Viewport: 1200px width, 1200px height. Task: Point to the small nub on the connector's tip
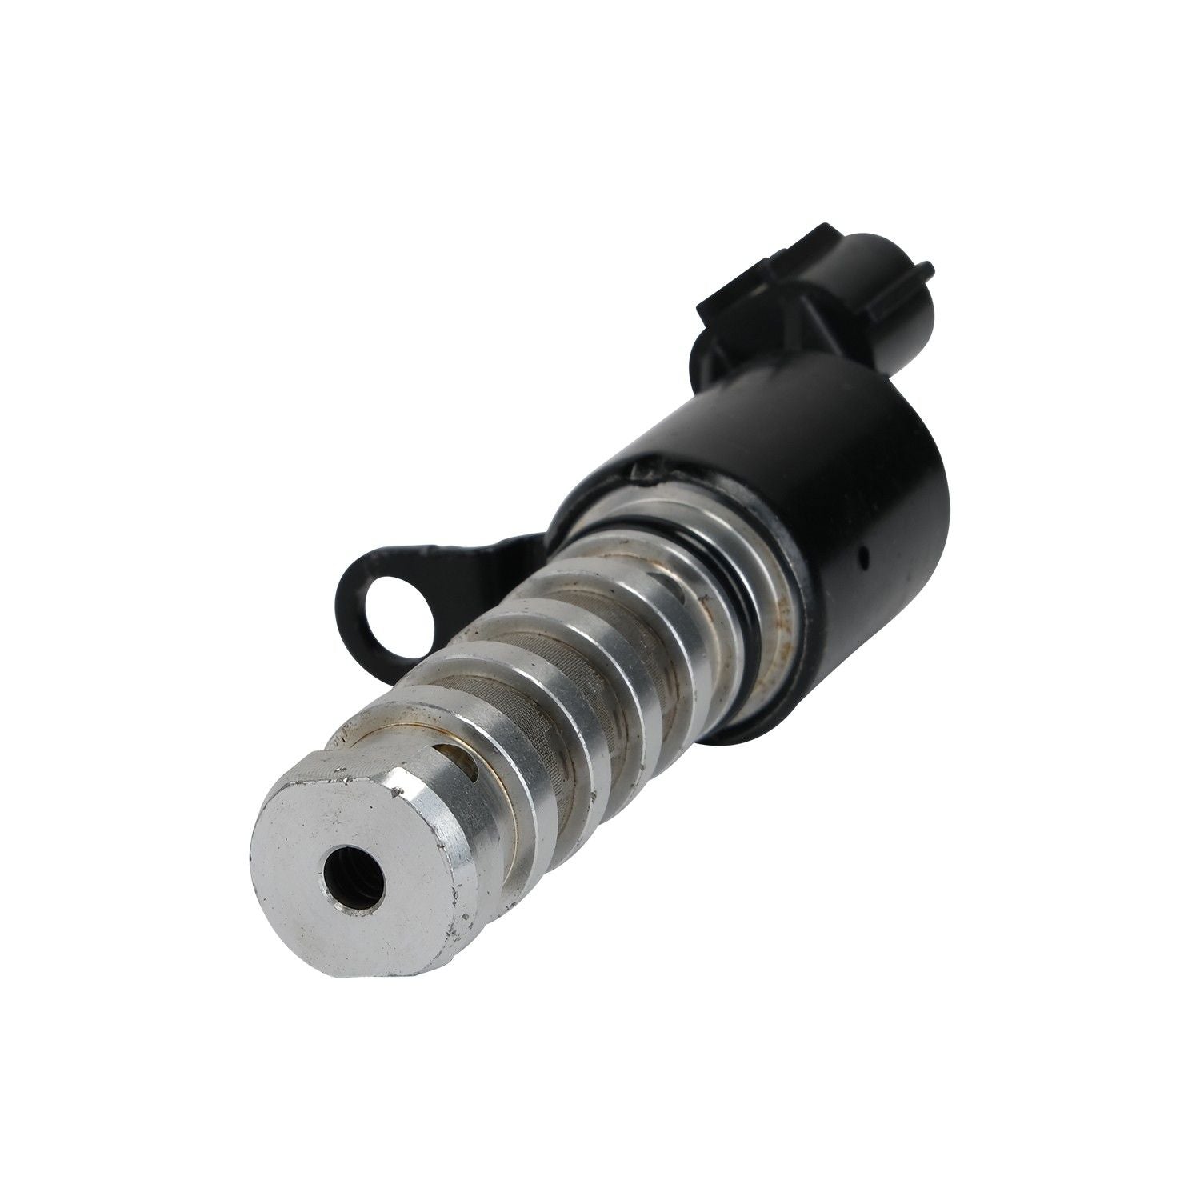pos(928,267)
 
